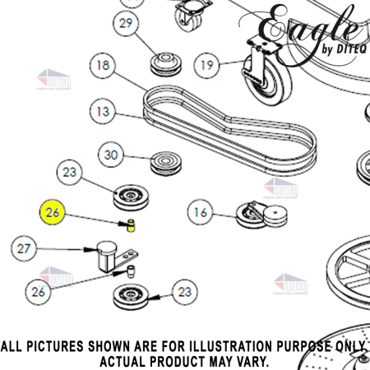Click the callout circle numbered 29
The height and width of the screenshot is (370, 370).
pos(126,24)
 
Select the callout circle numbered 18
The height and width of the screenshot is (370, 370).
pos(103,65)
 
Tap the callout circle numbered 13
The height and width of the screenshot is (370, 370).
pos(103,109)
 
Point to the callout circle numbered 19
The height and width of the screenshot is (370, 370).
pos(207,64)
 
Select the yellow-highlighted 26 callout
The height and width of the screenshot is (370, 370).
pos(53,212)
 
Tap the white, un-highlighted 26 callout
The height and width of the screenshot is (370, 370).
pos(38,291)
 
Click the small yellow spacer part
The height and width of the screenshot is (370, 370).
pos(130,226)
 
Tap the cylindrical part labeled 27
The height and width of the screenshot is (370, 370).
pos(104,254)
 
